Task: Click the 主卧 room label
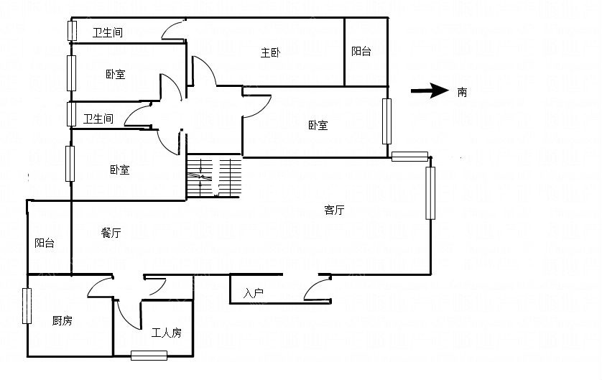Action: [x=270, y=52]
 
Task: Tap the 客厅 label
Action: [x=334, y=210]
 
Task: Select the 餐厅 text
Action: [x=111, y=233]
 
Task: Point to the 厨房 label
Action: [x=62, y=320]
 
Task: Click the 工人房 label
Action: [x=166, y=333]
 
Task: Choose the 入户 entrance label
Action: [x=253, y=293]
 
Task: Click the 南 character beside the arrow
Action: [x=462, y=92]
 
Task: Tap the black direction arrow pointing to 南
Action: [x=430, y=91]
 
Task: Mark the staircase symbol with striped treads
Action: [x=214, y=176]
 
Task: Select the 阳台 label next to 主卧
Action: [x=361, y=51]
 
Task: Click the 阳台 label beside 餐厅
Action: [x=45, y=243]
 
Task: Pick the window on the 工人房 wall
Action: [x=149, y=356]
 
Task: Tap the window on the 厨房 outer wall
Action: [x=27, y=306]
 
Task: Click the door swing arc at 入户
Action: [x=312, y=285]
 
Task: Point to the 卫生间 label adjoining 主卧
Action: [x=108, y=32]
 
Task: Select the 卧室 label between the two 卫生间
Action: [x=116, y=74]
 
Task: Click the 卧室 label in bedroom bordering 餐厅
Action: [x=120, y=170]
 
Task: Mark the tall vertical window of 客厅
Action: [x=430, y=193]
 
